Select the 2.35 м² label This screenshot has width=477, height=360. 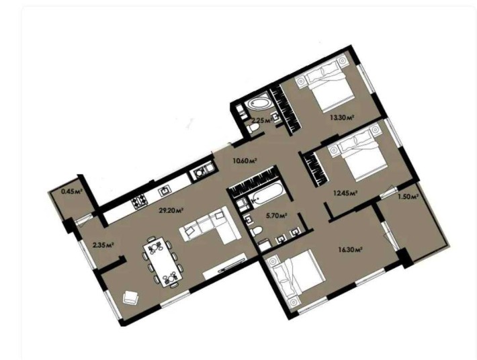point(102,244)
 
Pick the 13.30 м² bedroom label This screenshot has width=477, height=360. point(341,117)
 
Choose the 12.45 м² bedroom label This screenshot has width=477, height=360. point(345,192)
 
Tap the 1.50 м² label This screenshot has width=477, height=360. point(408,197)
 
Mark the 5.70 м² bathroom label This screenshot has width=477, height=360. point(276,216)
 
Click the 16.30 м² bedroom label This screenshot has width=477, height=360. point(350,249)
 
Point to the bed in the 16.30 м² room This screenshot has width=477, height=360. point(295,278)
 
